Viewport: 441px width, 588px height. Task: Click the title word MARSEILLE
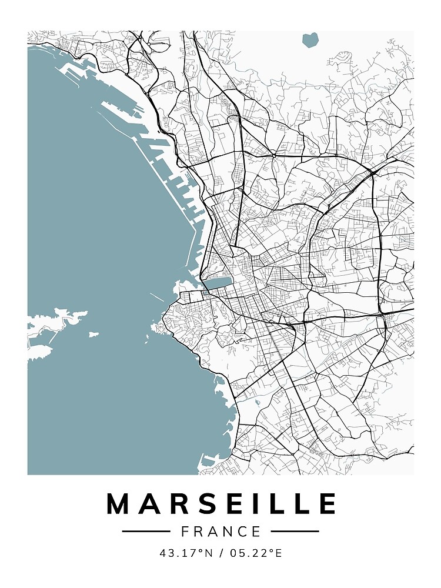click(221, 505)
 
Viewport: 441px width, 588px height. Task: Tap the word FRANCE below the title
click(221, 532)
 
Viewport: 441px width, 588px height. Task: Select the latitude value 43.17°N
click(183, 553)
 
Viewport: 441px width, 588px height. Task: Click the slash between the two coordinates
click(220, 553)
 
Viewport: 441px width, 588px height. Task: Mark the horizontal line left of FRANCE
click(146, 532)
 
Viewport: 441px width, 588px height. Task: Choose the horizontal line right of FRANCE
click(295, 532)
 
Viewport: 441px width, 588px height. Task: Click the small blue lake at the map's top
click(309, 40)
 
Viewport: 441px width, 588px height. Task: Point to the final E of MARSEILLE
click(327, 505)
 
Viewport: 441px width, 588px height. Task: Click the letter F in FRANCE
click(185, 532)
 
